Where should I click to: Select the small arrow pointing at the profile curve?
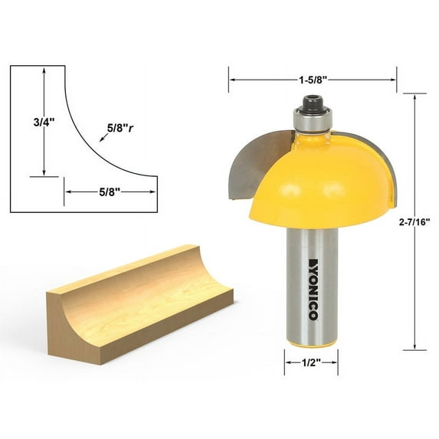(x=103, y=139)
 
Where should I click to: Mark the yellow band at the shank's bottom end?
(x=311, y=342)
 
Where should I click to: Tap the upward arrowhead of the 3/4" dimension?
(x=44, y=70)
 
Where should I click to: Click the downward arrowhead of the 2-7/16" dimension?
(x=414, y=345)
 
